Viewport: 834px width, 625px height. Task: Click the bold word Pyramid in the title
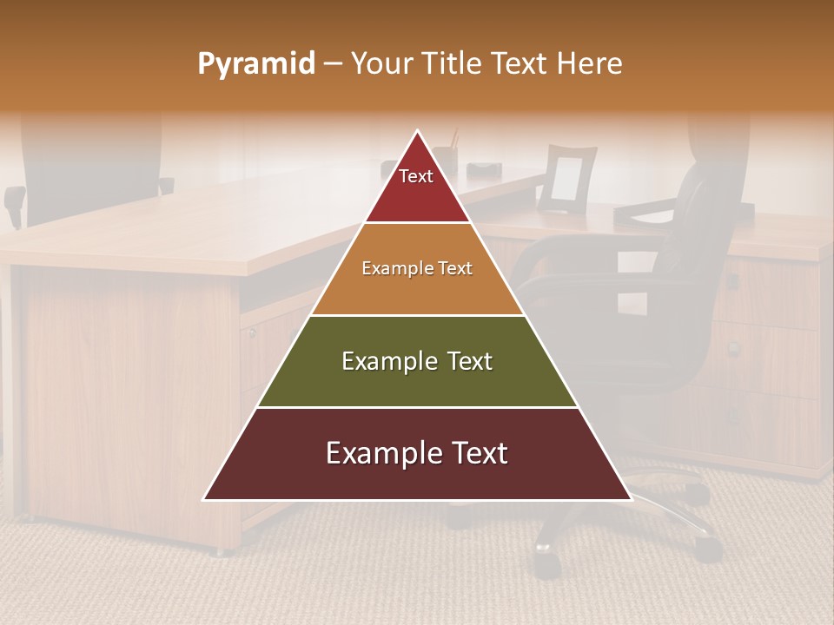(256, 64)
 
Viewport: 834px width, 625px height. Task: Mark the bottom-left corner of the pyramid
(205, 499)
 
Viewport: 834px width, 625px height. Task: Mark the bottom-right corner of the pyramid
(630, 499)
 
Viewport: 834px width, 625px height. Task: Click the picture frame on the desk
(566, 179)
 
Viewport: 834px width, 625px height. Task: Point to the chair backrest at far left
(87, 165)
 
